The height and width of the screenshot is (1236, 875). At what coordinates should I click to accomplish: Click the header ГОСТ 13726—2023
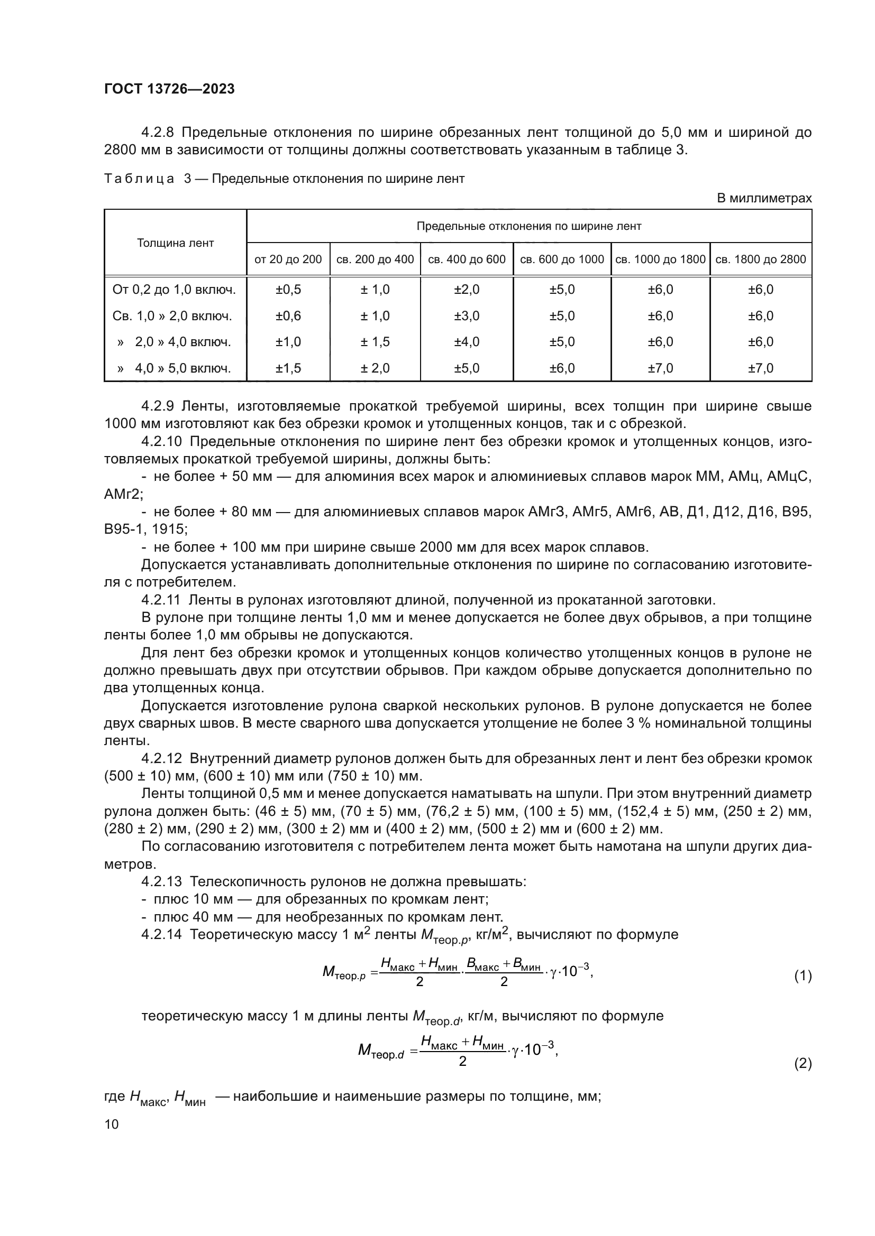point(169,89)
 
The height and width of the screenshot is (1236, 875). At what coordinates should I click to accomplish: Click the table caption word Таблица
point(139,179)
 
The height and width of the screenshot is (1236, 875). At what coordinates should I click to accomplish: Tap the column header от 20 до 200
point(288,259)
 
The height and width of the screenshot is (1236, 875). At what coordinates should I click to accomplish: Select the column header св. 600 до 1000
point(561,259)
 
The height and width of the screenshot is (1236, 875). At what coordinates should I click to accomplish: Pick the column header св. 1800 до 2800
point(760,259)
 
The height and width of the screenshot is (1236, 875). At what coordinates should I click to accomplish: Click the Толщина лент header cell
point(175,243)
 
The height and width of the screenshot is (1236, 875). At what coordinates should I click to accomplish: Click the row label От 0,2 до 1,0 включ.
point(174,290)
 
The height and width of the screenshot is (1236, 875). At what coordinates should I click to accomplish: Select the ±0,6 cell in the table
point(288,316)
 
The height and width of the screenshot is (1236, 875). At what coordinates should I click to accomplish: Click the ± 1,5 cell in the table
point(375,342)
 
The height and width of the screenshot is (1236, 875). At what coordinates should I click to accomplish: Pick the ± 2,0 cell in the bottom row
point(375,368)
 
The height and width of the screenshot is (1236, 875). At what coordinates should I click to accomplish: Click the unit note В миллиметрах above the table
point(763,198)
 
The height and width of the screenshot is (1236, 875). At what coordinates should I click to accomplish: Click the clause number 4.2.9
point(159,406)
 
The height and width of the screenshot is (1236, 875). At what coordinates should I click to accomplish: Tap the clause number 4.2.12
point(162,758)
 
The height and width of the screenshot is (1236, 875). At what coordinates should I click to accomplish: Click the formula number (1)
point(803,975)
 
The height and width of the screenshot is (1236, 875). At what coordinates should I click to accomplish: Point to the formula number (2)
point(803,1063)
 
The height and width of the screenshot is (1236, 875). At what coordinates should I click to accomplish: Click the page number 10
point(112,1124)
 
